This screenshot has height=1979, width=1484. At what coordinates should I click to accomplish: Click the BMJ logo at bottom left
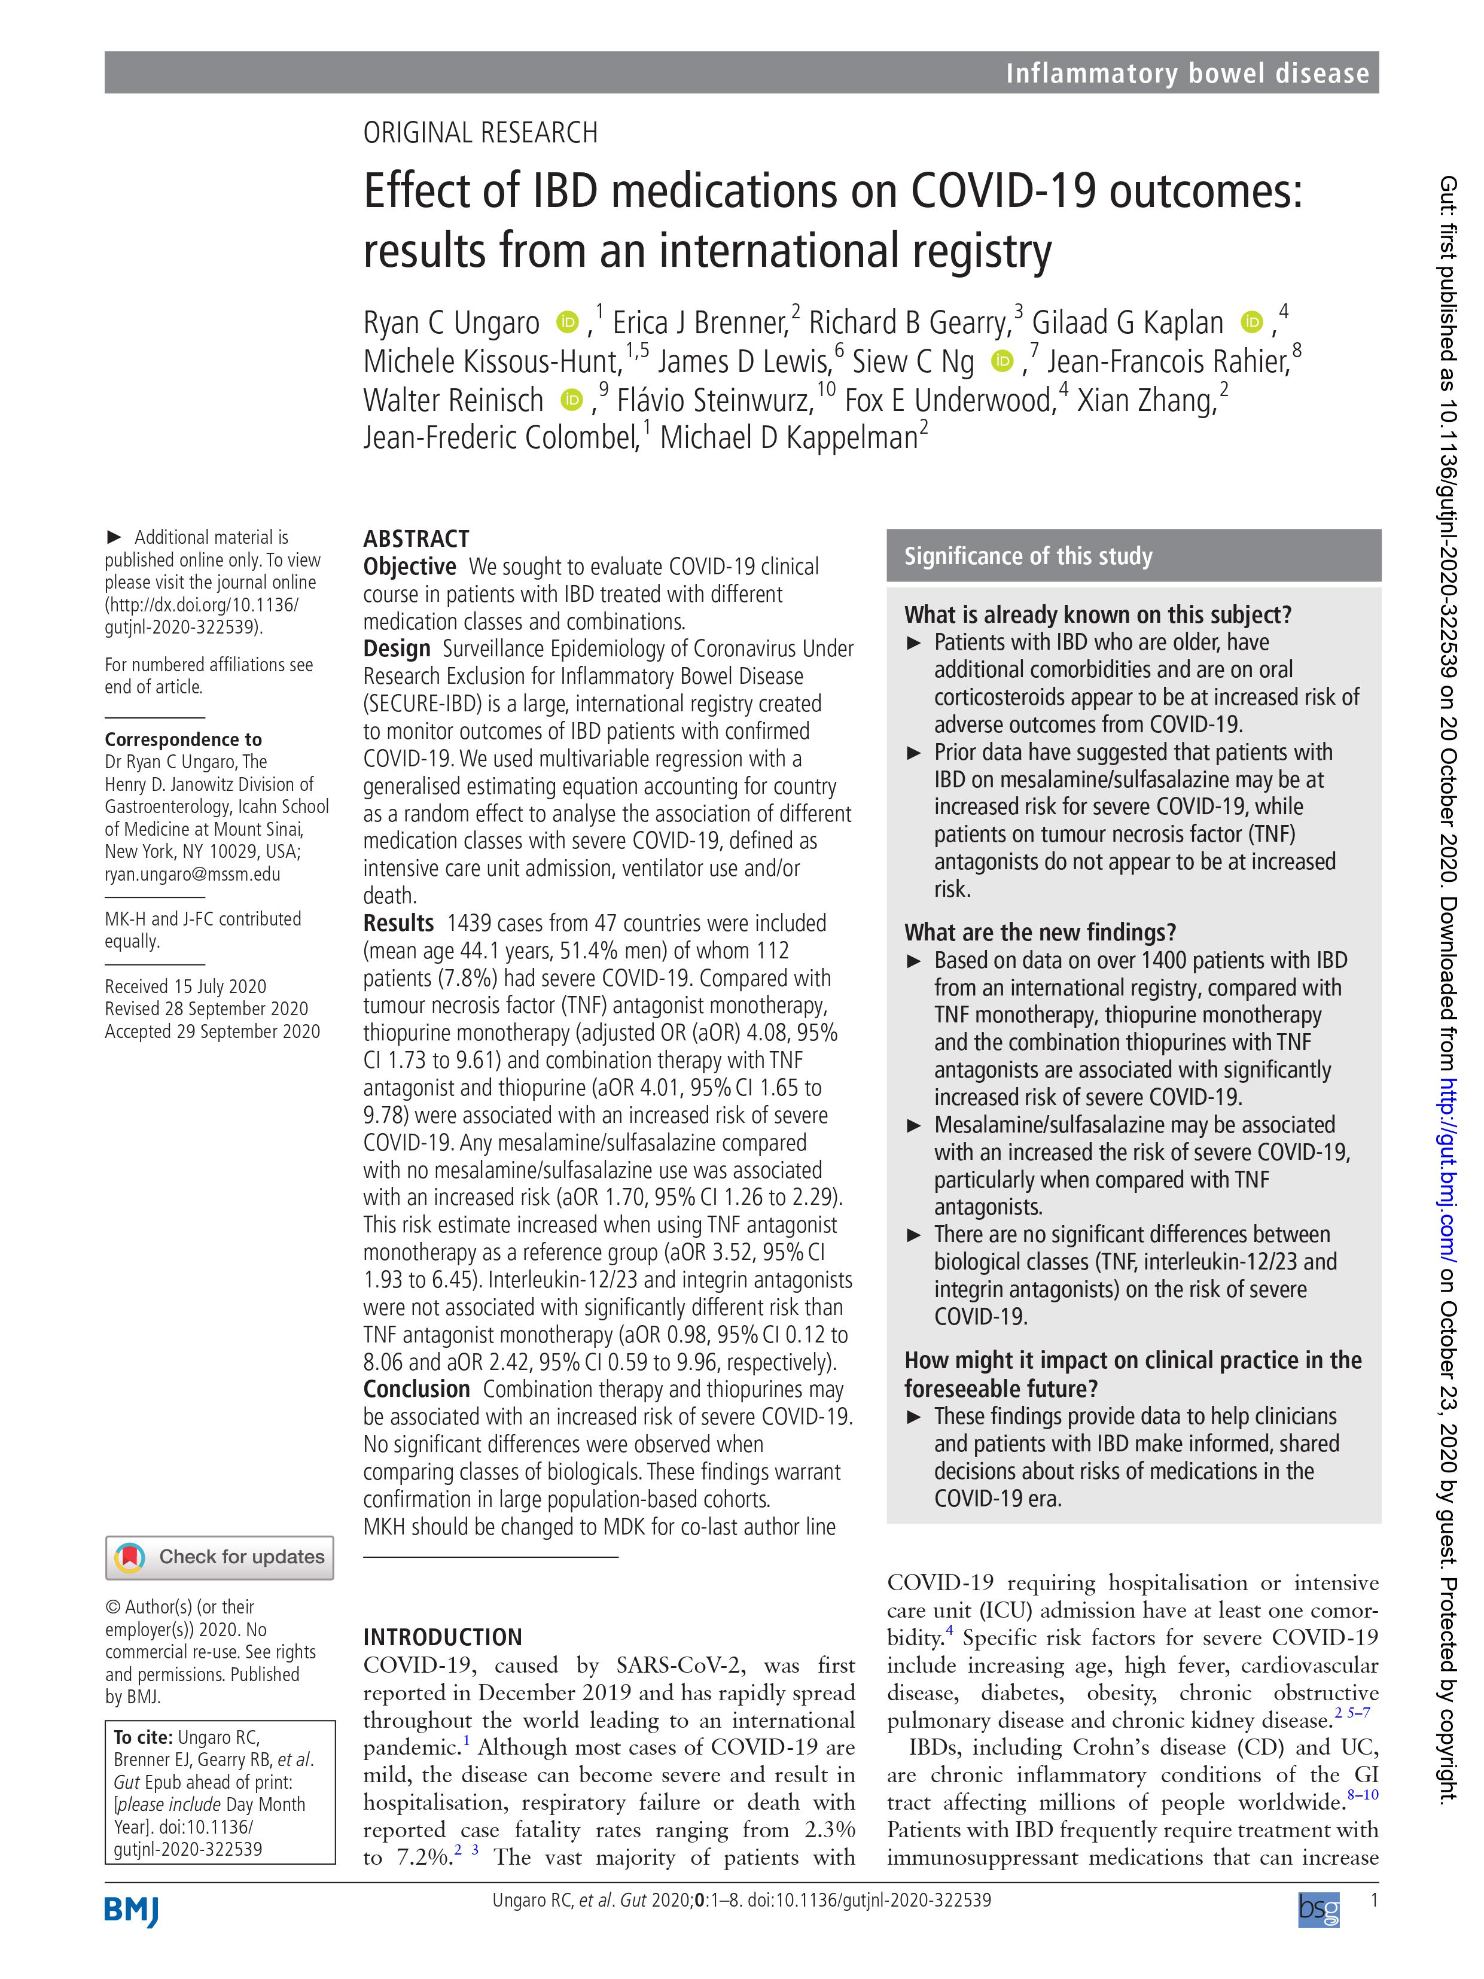coord(132,1910)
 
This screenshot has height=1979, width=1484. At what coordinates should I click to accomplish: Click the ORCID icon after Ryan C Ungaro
coord(567,321)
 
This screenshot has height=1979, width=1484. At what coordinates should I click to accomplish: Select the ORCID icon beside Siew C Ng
coord(1002,361)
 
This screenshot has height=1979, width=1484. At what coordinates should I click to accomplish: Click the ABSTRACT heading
coord(416,538)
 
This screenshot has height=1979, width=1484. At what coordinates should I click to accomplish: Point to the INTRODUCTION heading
coord(442,1637)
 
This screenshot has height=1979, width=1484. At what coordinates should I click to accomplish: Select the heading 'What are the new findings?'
coord(1040,932)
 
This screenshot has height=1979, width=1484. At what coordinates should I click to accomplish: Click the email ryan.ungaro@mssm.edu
coord(193,874)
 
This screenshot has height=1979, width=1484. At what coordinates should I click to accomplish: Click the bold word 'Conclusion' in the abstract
coord(416,1389)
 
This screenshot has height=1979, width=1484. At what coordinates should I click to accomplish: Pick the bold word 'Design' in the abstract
coord(396,648)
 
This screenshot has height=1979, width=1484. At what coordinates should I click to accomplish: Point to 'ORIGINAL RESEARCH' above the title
coord(480,133)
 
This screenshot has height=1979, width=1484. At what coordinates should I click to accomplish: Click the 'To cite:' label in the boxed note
coord(142,1737)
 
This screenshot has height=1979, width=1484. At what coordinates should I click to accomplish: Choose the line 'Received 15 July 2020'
coord(185,986)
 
